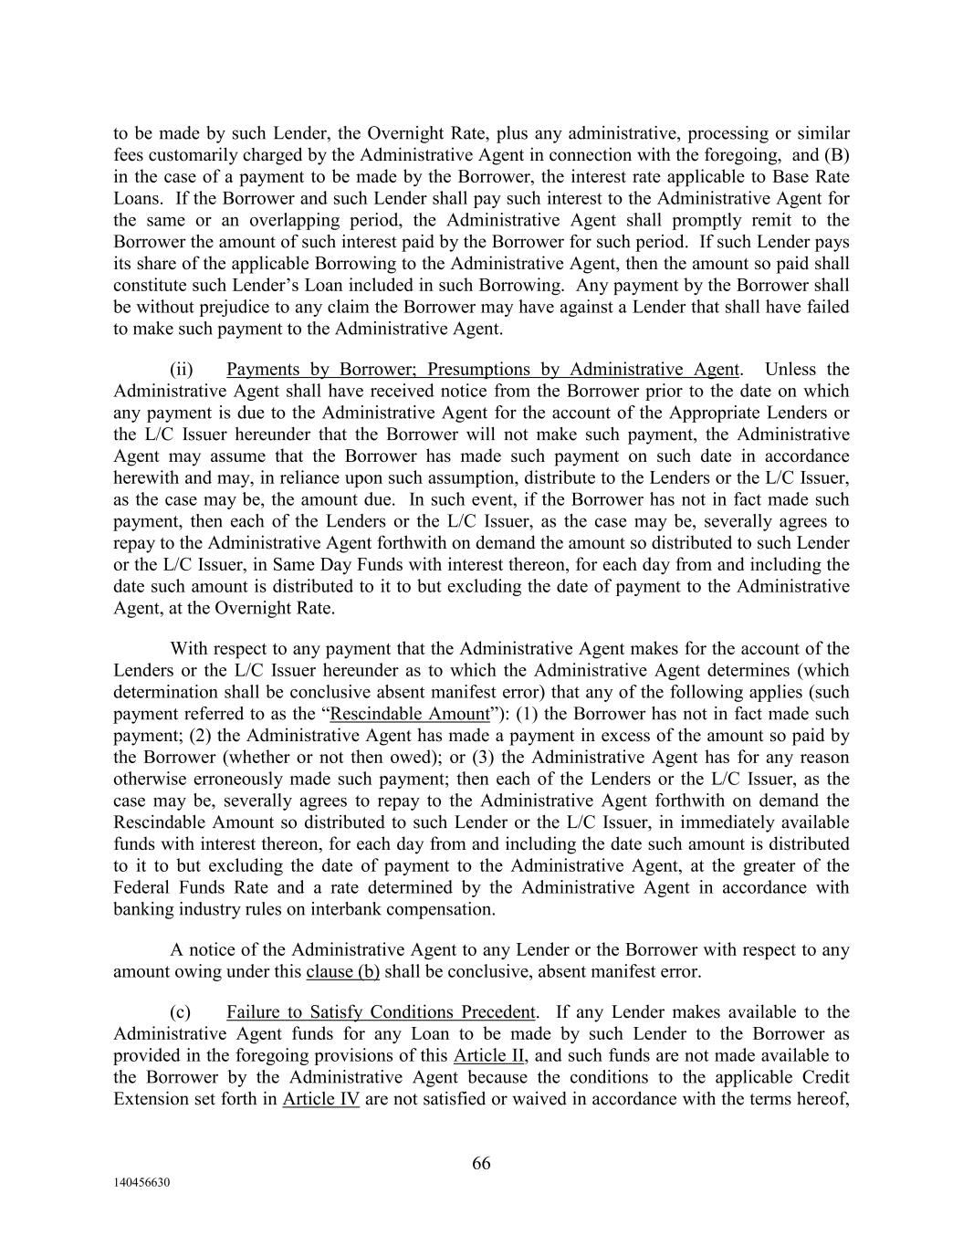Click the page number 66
(481, 1163)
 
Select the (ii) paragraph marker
(183, 370)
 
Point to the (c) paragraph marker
(182, 1012)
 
